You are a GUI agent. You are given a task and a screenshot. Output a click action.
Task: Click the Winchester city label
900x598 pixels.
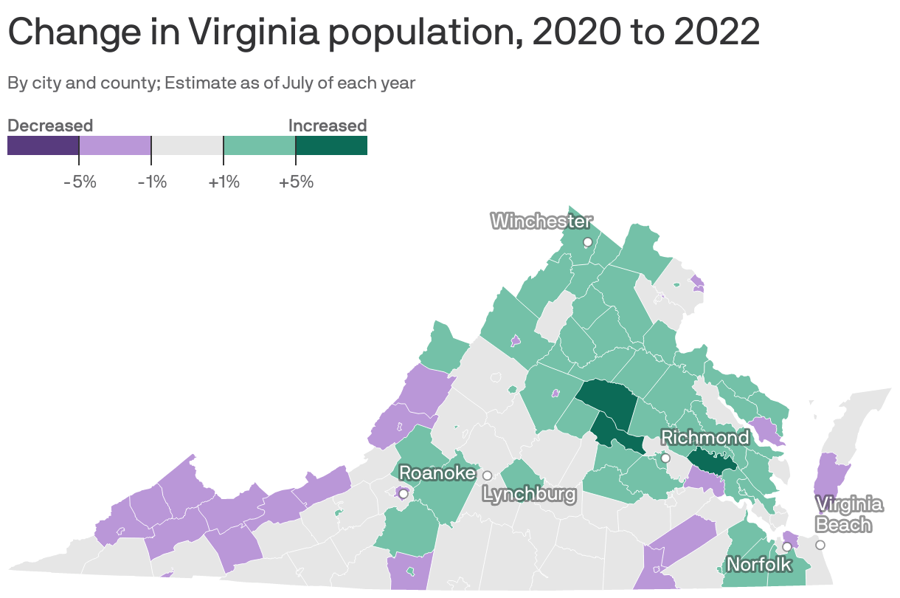541,221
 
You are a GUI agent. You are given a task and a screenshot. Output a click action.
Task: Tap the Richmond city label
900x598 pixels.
705,438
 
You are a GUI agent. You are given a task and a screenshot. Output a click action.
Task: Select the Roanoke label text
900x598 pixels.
437,472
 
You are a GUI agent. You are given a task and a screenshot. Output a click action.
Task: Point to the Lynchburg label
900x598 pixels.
529,494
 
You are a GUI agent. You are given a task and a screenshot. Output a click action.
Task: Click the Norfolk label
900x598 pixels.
759,565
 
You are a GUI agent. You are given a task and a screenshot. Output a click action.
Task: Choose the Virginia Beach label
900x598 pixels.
849,515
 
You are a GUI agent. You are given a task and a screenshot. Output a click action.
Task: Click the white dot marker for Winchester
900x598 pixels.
587,242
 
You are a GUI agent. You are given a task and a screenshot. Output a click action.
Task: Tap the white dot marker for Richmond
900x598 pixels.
665,458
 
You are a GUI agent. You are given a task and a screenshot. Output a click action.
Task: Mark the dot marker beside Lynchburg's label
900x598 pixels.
487,475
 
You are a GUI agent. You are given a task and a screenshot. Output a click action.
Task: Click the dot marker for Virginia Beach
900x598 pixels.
820,545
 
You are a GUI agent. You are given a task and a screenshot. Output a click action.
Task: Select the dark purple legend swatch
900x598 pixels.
43,145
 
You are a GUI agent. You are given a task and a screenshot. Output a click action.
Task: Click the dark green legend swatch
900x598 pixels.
331,145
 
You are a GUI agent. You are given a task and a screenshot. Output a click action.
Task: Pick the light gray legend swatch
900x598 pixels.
187,145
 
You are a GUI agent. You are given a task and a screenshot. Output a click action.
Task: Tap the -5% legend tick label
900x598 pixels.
80,182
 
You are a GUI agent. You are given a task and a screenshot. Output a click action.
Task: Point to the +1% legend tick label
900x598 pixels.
224,182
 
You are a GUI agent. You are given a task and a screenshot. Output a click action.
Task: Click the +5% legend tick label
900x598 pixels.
296,182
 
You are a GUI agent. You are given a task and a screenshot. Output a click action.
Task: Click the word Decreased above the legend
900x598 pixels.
50,126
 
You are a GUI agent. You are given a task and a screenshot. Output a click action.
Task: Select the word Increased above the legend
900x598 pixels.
327,126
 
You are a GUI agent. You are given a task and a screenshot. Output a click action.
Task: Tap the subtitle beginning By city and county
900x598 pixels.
211,83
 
